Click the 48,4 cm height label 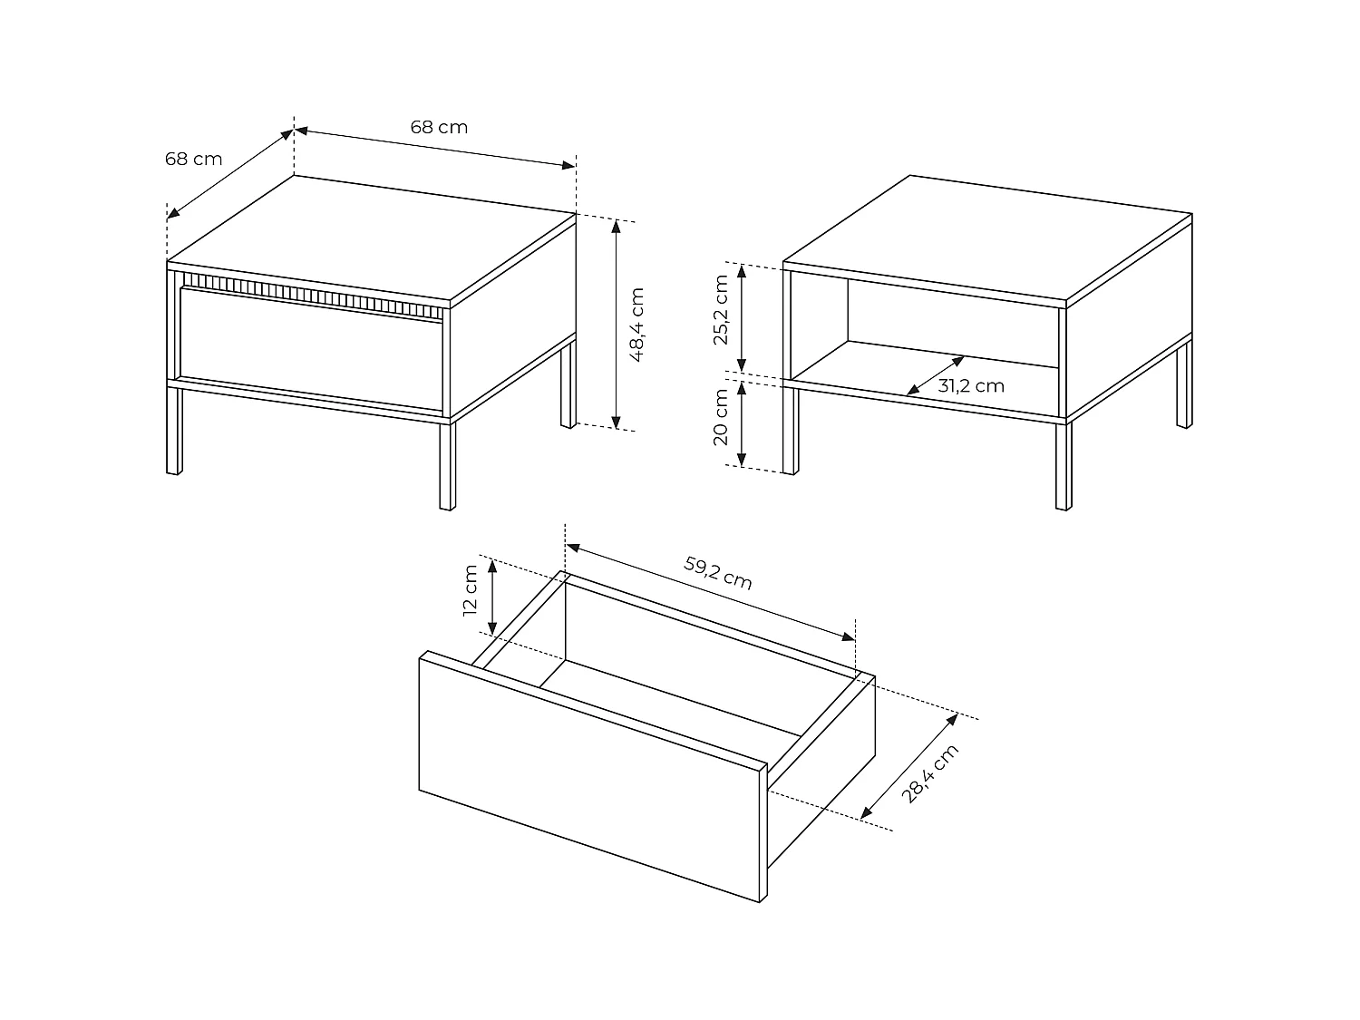(x=636, y=325)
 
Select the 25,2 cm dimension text (x=721, y=310)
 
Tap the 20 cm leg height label (x=721, y=417)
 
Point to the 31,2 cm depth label (x=971, y=386)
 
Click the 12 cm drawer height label (x=470, y=590)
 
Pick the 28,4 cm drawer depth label (x=929, y=773)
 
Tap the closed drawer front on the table (x=313, y=345)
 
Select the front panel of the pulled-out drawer (x=589, y=775)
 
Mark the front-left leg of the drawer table (x=174, y=431)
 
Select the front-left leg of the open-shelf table (x=790, y=431)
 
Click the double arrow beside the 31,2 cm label (x=935, y=375)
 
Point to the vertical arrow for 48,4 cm (x=617, y=324)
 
